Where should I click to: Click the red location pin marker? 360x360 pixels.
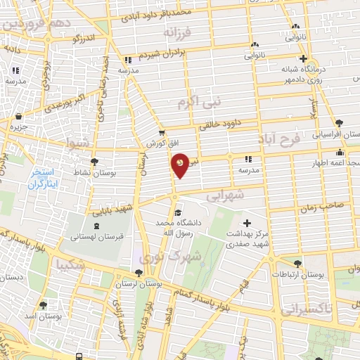181,165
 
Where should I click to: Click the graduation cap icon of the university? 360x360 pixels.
178,212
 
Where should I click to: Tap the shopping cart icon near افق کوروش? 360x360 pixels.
162,131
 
